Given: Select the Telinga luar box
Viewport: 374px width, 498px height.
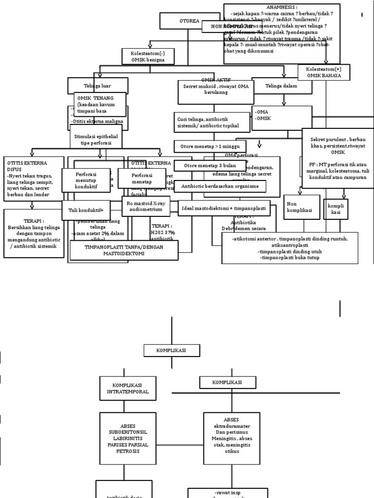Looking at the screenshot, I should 98,86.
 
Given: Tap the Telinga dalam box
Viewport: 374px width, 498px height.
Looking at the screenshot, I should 281,86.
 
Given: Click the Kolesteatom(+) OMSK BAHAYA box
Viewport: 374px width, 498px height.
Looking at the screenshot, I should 324,72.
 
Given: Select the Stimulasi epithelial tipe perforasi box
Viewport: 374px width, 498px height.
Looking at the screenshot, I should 96,140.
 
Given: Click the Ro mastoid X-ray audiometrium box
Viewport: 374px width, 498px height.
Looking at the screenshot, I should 146,206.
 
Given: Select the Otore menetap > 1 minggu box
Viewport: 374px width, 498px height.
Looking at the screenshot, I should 210,146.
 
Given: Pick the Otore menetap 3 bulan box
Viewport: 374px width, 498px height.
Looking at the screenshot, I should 203,166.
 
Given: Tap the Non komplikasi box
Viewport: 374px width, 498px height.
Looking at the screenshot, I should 301,207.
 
